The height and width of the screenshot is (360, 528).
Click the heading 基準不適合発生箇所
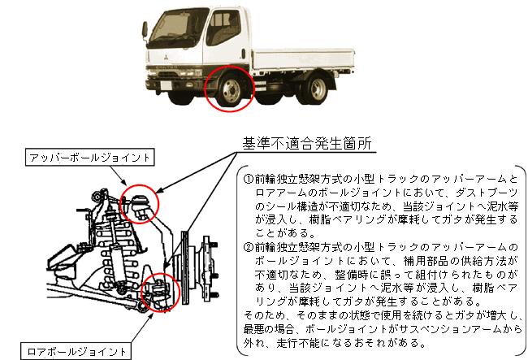coord(307,144)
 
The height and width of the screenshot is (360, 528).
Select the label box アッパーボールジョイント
coord(90,156)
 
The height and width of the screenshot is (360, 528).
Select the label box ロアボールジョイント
coord(77,351)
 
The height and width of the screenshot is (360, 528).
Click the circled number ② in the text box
coord(249,246)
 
